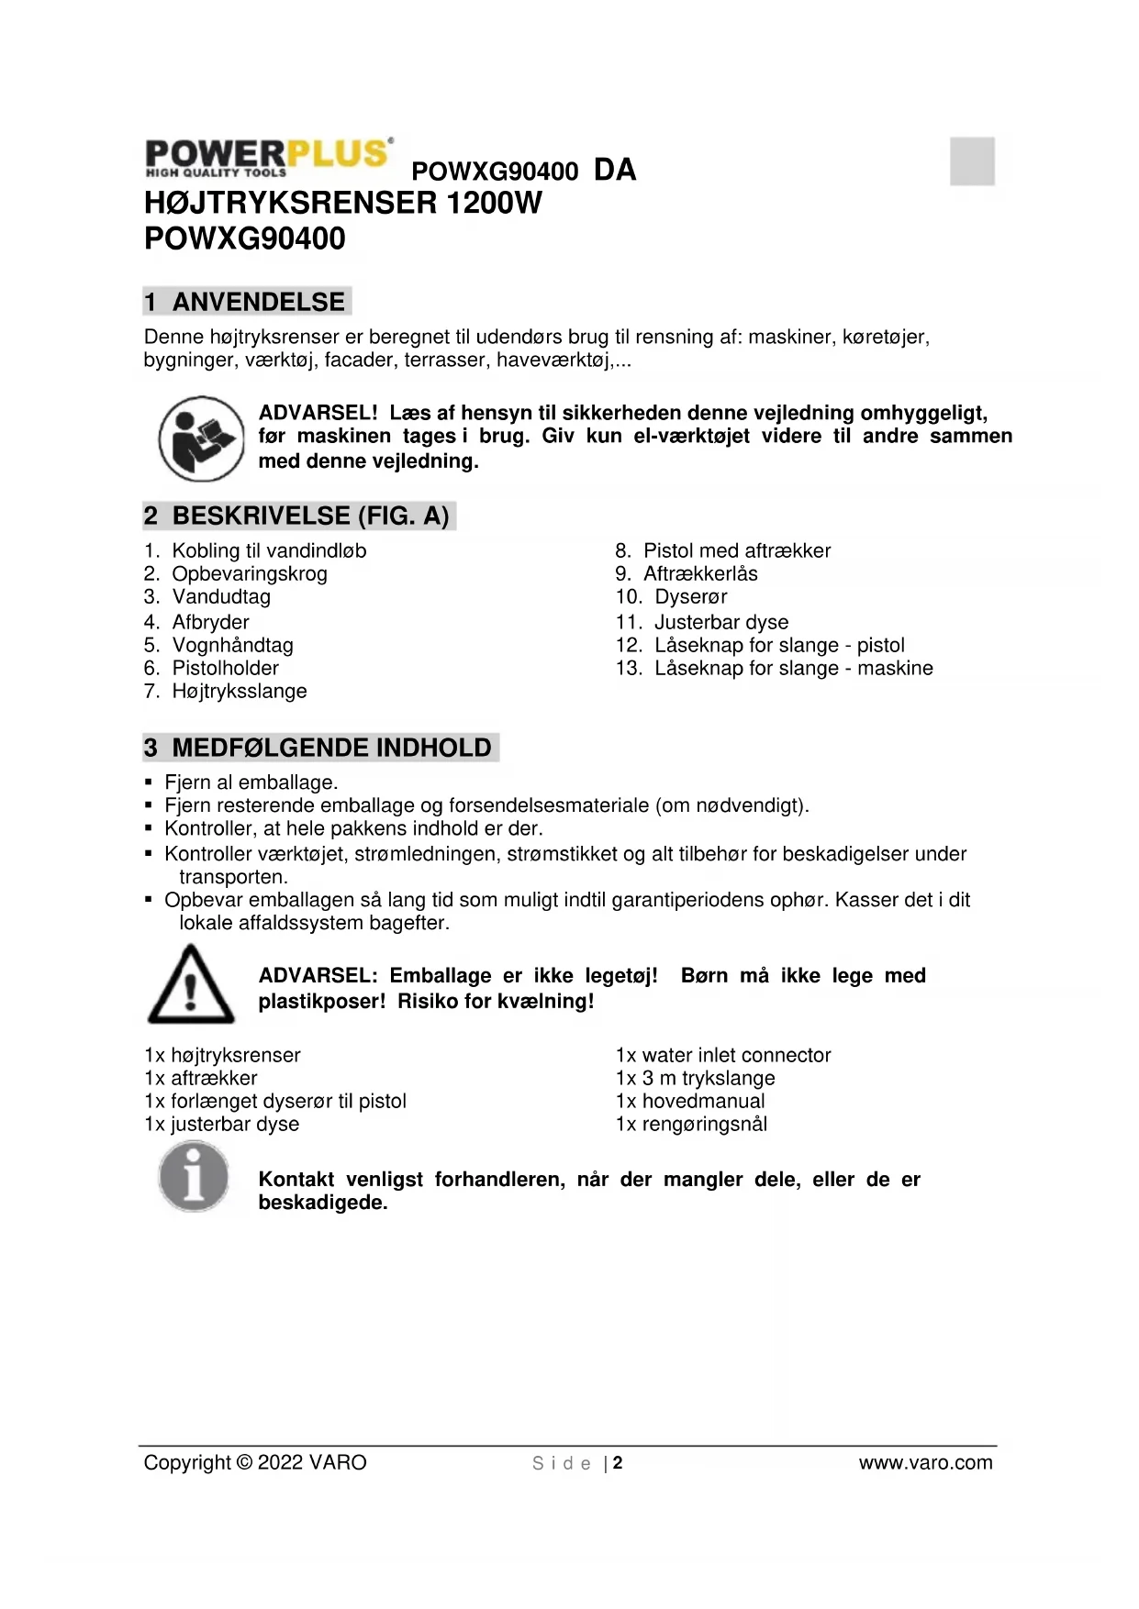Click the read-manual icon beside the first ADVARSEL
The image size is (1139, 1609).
[x=201, y=438]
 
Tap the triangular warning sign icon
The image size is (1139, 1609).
[x=191, y=984]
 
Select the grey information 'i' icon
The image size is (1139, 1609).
[x=193, y=1176]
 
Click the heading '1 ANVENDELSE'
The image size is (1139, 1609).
[x=246, y=302]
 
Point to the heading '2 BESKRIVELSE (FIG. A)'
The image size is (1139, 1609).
[x=298, y=516]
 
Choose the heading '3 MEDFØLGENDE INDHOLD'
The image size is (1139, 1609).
[x=319, y=748]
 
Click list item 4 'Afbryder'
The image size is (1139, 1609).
[x=210, y=622]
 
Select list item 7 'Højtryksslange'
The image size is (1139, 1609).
[x=239, y=691]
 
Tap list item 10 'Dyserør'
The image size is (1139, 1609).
[x=690, y=597]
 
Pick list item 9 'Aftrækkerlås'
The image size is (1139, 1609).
[x=699, y=574]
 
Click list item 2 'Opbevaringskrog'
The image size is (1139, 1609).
[x=249, y=574]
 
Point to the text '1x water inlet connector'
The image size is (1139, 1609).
[x=723, y=1055]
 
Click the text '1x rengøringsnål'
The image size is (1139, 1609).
[x=691, y=1124]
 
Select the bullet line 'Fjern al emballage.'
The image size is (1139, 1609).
[x=251, y=782]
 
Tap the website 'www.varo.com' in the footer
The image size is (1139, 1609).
[x=925, y=1462]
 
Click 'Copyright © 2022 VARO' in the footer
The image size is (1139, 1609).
[x=255, y=1462]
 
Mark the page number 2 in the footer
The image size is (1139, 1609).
[x=618, y=1462]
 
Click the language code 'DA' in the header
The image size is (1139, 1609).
[x=615, y=170]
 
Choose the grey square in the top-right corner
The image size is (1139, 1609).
[x=972, y=161]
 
